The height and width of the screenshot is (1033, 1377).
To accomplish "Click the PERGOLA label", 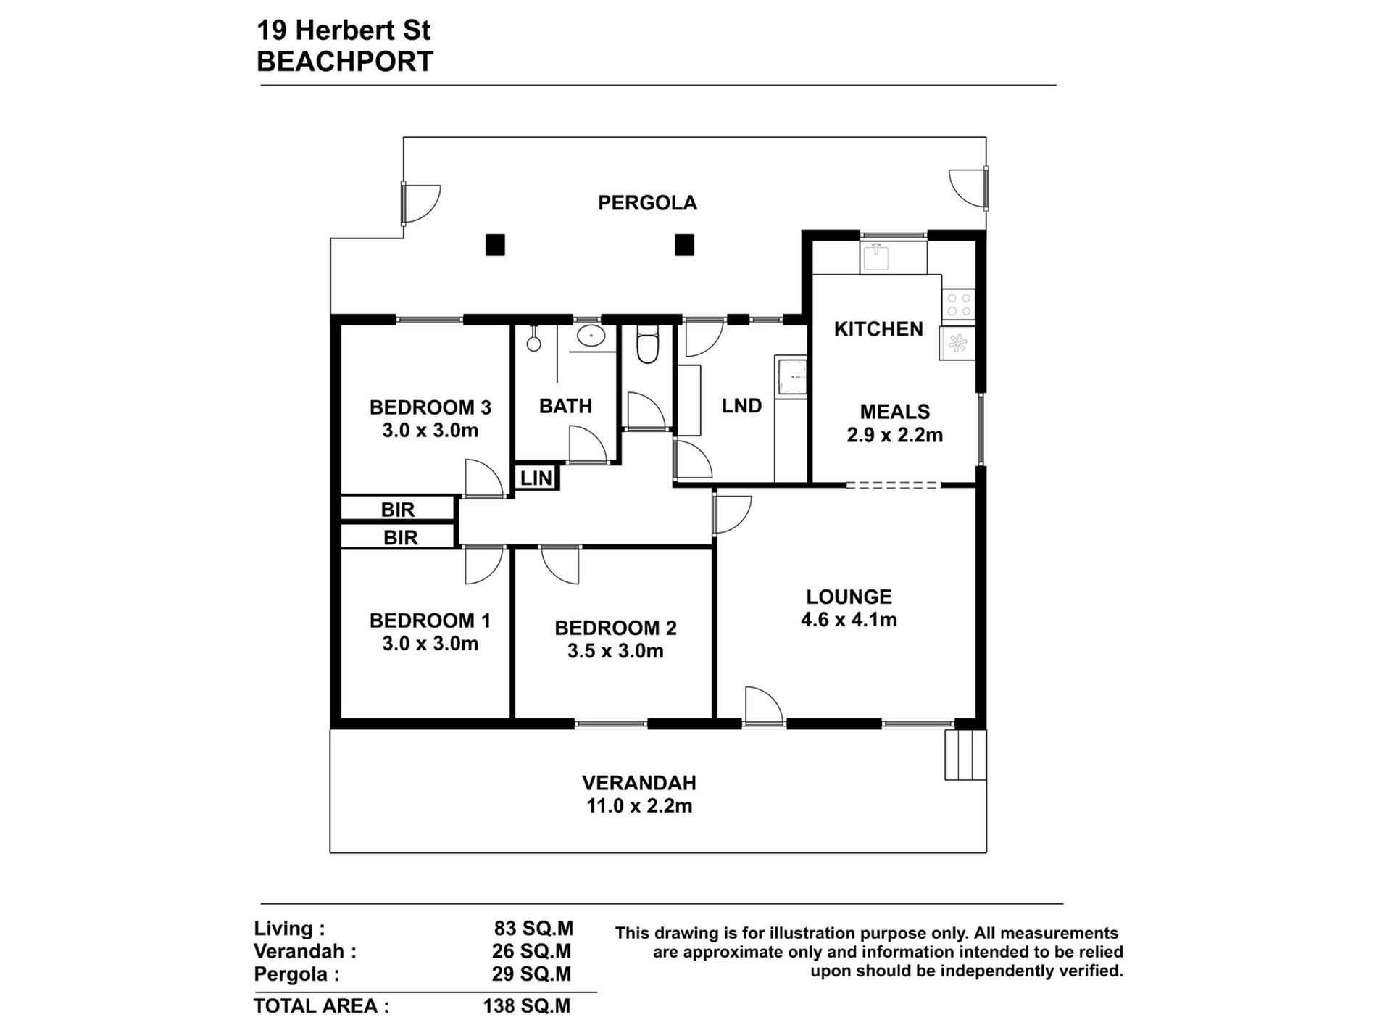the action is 647,203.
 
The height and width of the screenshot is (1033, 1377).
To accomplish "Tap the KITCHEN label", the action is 878,329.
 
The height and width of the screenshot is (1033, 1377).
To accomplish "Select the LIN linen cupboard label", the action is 536,478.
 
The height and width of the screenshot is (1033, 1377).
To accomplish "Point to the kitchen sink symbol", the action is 878,258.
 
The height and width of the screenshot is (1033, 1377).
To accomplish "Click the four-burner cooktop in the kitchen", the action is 958,304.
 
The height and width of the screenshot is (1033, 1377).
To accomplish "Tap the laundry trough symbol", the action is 791,377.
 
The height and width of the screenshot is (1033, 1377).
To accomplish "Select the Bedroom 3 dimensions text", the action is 430,431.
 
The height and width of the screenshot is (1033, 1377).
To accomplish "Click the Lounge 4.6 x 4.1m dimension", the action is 849,620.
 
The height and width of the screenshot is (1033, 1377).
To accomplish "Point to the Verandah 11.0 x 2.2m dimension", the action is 639,806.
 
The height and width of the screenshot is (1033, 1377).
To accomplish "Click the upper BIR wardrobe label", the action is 398,510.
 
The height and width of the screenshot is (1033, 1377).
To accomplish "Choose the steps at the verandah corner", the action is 965,755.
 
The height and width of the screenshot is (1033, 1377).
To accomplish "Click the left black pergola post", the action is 495,245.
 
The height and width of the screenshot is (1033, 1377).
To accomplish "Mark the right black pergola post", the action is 685,245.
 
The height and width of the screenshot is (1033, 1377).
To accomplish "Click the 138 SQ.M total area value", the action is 527,1006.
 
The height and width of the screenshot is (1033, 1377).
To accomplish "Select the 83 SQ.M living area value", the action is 533,929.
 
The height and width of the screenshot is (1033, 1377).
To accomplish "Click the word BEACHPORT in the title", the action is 345,62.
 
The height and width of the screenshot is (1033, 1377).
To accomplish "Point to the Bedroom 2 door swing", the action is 560,565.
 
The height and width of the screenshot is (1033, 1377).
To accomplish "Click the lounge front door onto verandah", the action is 764,705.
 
